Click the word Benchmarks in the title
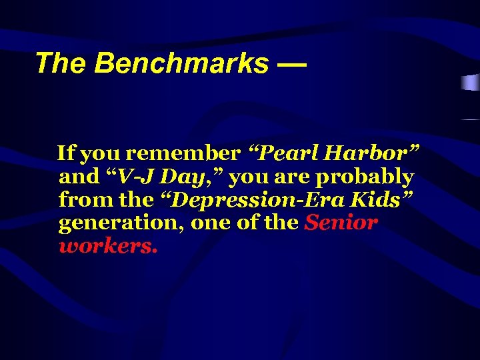(182, 64)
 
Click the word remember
(183, 154)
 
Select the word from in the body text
(81, 200)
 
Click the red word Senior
(341, 223)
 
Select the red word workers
(108, 246)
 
